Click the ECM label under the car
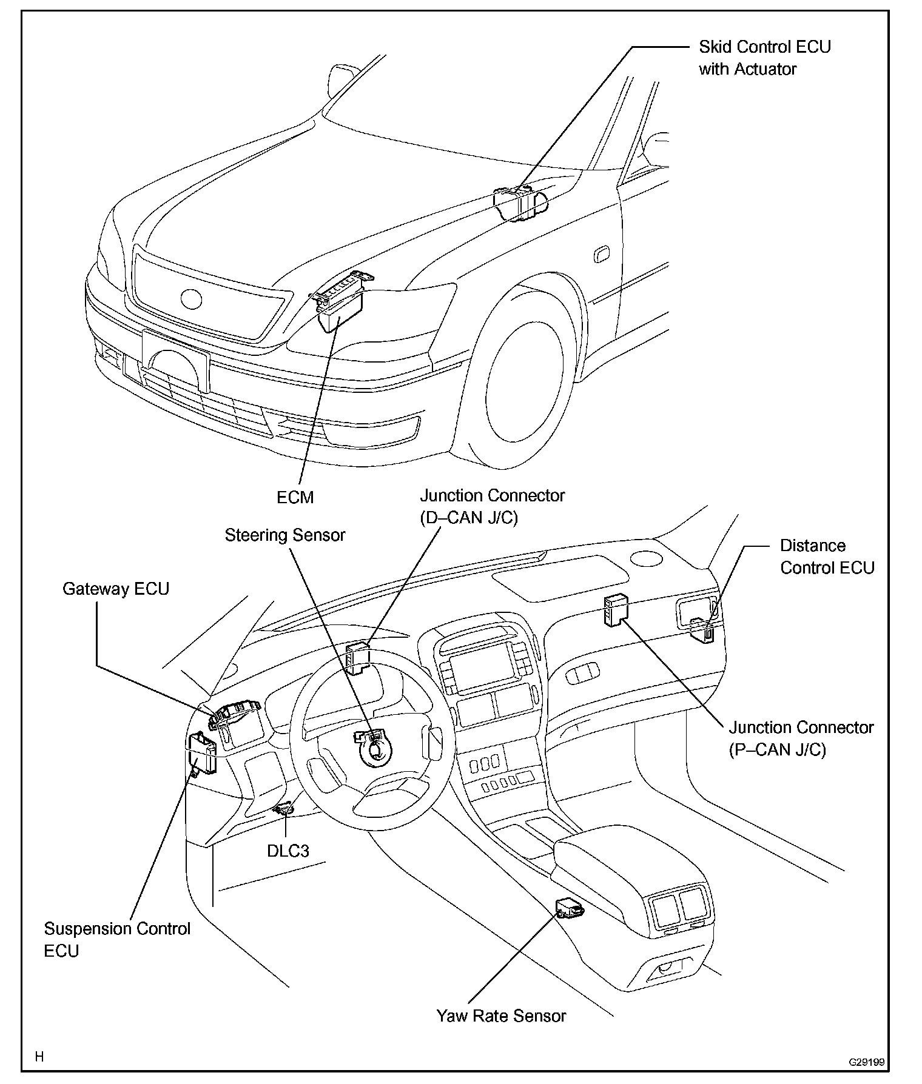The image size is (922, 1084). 295,497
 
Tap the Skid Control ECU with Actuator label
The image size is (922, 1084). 764,58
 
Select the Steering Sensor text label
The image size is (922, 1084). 285,535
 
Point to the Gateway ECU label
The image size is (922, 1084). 116,589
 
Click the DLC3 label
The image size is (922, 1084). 288,851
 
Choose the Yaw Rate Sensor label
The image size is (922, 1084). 501,1016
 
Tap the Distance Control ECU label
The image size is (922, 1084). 827,557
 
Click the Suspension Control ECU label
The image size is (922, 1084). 117,940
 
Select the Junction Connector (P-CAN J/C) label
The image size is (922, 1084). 801,738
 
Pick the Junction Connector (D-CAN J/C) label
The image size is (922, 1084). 493,506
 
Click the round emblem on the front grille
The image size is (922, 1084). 191,298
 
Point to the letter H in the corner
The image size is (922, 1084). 39,1057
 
